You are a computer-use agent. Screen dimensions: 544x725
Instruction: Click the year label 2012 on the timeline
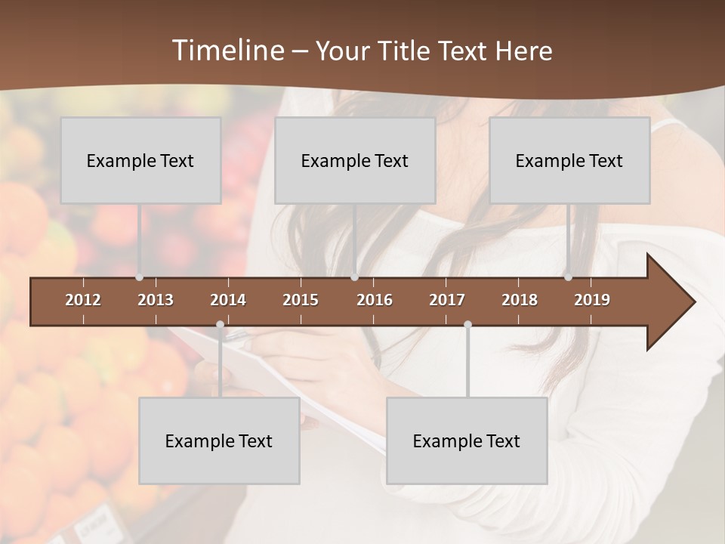(x=83, y=300)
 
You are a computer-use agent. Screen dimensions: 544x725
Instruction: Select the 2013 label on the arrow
(x=156, y=300)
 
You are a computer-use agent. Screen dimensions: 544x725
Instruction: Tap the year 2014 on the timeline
(x=228, y=300)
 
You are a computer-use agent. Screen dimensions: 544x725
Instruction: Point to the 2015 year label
(x=301, y=300)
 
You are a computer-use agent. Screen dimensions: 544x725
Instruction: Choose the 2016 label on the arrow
(x=375, y=300)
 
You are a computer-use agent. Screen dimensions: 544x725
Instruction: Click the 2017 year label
(x=447, y=300)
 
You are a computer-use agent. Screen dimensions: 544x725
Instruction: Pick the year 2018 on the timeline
(x=520, y=300)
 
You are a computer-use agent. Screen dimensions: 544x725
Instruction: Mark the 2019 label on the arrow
(x=592, y=300)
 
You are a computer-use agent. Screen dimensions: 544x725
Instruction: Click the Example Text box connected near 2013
(x=140, y=160)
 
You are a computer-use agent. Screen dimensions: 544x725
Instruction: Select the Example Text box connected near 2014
(x=219, y=440)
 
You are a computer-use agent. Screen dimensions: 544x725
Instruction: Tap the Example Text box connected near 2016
(x=355, y=160)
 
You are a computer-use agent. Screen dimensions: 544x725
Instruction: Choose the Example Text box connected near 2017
(x=467, y=440)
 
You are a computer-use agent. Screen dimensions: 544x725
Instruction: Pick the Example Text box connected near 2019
(x=569, y=160)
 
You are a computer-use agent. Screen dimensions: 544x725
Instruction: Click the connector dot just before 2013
(x=140, y=277)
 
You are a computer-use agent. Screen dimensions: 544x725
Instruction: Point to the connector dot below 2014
(x=220, y=324)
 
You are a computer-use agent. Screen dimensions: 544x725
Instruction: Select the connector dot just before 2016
(x=355, y=277)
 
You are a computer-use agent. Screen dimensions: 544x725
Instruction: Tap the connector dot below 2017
(x=467, y=324)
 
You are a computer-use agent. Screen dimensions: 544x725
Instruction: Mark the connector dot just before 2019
(x=569, y=277)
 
